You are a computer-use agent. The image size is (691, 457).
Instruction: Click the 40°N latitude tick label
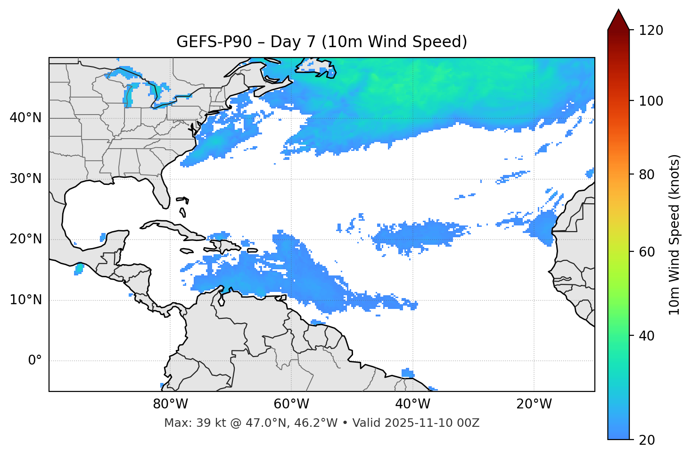point(25,118)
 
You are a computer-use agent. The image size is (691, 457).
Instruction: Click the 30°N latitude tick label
point(25,179)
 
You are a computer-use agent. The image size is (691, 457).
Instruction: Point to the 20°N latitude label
point(25,239)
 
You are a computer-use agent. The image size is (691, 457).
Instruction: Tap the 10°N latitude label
point(25,300)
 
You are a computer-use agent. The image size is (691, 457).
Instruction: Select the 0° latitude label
point(35,361)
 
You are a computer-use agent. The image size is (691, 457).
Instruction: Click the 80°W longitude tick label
point(170,404)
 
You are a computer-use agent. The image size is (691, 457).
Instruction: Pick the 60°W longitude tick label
point(291,404)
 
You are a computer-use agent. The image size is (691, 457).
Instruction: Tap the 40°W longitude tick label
point(412,404)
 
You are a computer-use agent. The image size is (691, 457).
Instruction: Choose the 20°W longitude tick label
point(534,404)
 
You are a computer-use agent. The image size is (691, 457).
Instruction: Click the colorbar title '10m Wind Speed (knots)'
point(675,234)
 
